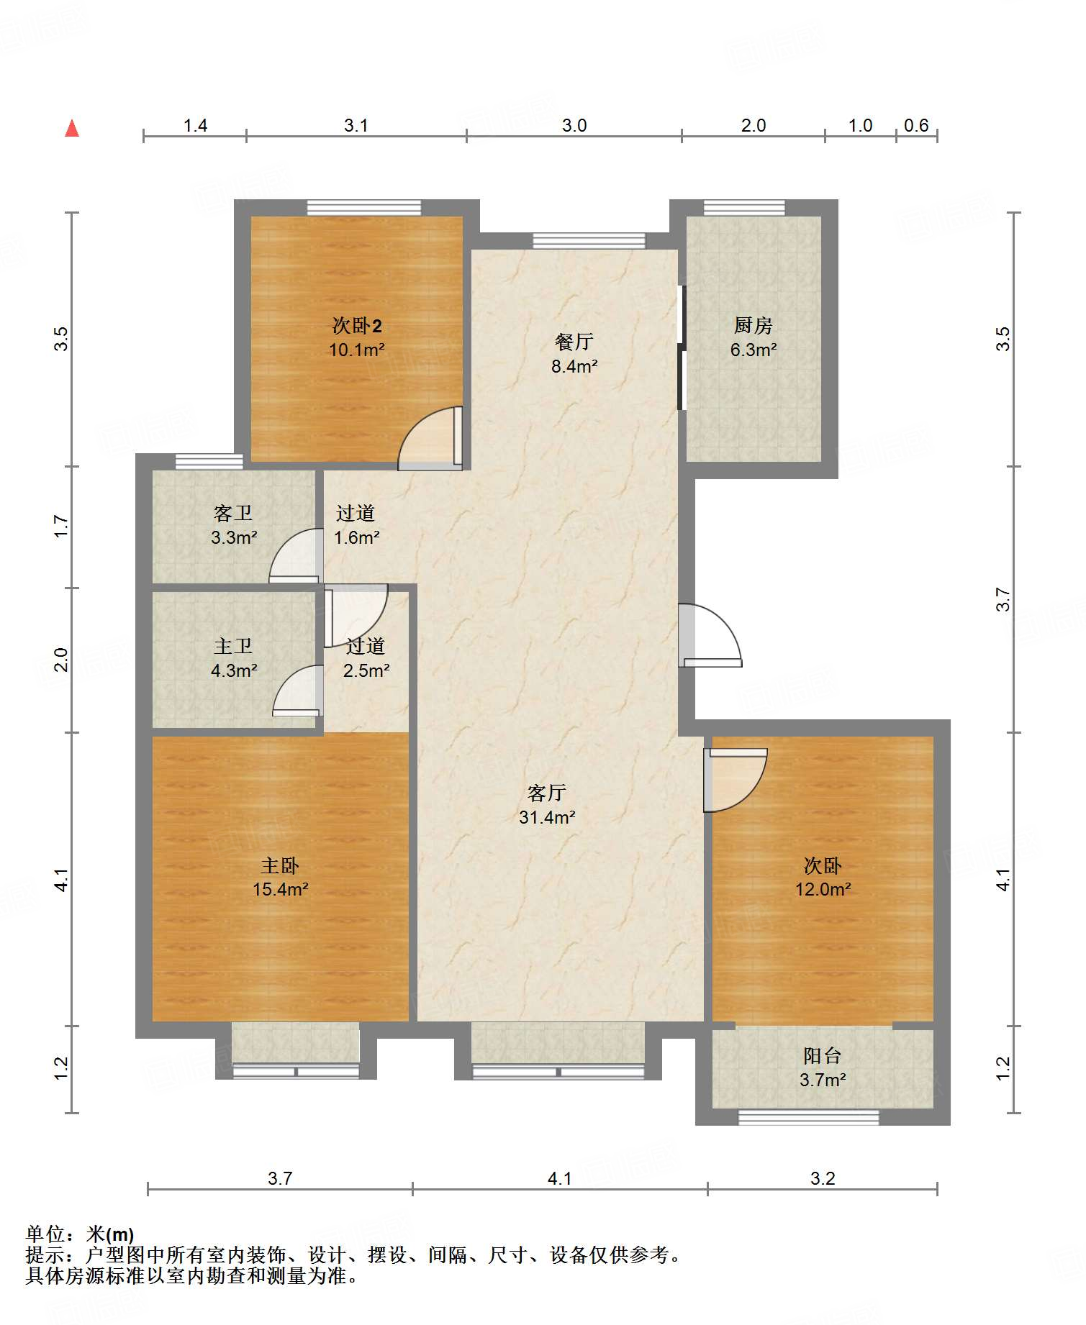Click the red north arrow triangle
pos(72,128)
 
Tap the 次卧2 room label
pos(357,326)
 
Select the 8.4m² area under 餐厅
pos(574,366)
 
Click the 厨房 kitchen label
pos(754,326)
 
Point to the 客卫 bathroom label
pos(233,514)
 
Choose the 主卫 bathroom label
pos(233,647)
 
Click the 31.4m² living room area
pos(547,817)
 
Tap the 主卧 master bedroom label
pos(280,865)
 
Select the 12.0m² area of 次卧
pos(823,889)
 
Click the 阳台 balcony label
pos(823,1056)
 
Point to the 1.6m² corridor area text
pos(356,537)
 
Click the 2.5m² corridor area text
pos(366,670)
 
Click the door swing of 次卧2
pos(430,438)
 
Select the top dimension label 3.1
pos(356,126)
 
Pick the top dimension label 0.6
pos(916,126)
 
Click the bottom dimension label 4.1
pos(559,1178)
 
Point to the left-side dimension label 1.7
pos(62,527)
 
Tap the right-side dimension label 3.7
pos(1003,599)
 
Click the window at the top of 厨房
pos(744,208)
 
